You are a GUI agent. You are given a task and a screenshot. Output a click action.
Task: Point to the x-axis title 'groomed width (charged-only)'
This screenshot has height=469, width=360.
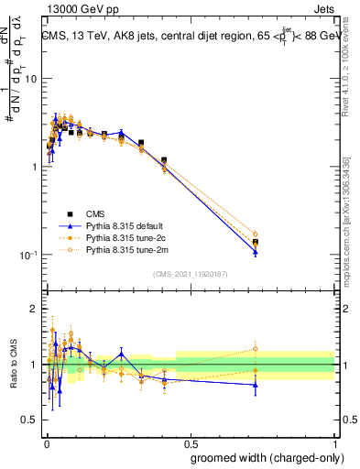(261, 457)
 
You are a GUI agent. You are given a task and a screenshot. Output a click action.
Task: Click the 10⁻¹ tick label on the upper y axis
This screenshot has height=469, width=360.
(27, 255)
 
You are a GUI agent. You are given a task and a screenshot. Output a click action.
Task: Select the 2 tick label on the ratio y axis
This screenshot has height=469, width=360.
(34, 310)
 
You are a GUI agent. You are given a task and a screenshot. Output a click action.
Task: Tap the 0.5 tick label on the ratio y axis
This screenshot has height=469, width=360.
(29, 420)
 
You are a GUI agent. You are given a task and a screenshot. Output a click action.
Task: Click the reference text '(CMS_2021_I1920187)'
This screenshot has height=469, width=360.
(190, 273)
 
